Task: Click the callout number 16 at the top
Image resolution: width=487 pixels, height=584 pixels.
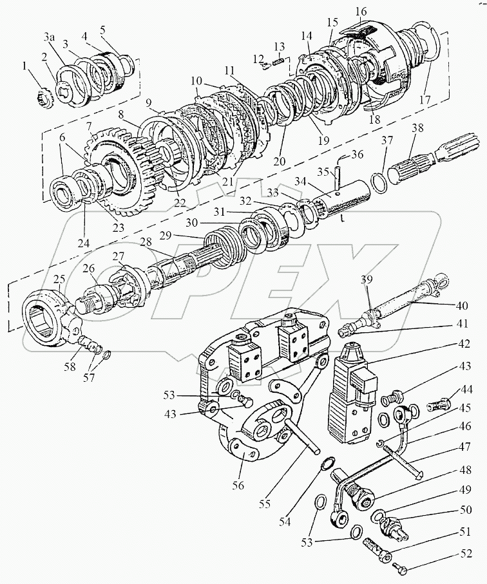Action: [360, 12]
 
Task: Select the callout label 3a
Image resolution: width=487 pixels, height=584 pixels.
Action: [50, 37]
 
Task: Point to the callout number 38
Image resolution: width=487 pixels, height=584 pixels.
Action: [417, 127]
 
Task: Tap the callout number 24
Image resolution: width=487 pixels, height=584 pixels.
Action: [84, 243]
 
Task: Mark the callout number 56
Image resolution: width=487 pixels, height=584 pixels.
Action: [238, 485]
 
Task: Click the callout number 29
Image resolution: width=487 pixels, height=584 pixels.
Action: [165, 236]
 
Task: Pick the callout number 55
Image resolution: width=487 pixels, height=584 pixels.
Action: [265, 504]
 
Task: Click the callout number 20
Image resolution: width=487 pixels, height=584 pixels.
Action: [279, 161]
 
